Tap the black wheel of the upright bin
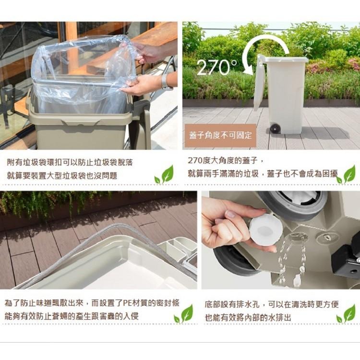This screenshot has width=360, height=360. pos(275,129)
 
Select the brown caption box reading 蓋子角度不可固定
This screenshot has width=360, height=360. pos(220,135)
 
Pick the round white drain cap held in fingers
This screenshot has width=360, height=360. pos(265,228)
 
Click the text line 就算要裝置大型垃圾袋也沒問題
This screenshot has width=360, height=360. pos(62,176)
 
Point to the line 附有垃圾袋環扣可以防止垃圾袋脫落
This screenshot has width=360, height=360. pos(70,163)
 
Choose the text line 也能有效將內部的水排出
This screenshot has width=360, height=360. pos(248,317)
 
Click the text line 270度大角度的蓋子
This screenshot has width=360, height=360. pos(225,160)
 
